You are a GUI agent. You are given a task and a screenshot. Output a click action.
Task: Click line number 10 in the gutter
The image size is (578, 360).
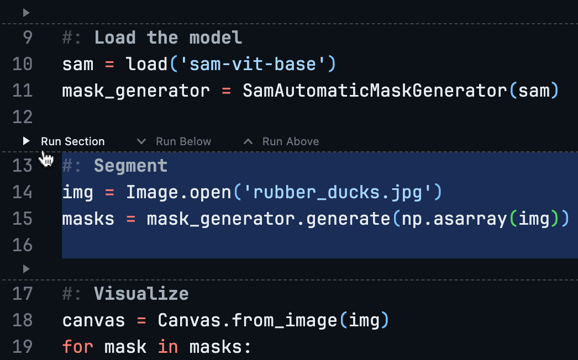click(x=22, y=64)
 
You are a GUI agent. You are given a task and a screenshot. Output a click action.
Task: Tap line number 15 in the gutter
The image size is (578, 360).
click(x=22, y=219)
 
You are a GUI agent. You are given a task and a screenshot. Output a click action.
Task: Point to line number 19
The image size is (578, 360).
click(x=22, y=347)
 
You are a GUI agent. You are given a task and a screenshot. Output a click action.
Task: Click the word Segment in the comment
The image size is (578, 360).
click(x=130, y=166)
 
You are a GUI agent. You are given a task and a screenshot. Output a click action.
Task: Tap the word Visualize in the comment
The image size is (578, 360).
click(x=141, y=294)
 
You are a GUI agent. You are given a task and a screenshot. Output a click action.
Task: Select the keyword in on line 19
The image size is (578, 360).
click(x=167, y=347)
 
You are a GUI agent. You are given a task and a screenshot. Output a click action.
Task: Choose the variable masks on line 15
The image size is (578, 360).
click(x=88, y=219)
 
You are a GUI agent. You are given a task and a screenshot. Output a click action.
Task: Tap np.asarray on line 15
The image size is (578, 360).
click(x=452, y=219)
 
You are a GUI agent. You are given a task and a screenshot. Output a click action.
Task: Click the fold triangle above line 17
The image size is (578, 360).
click(x=26, y=269)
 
